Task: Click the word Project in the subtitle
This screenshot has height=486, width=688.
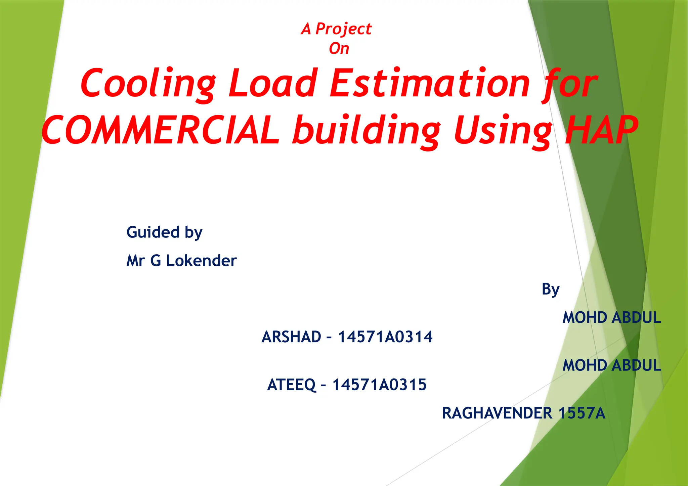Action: [x=343, y=29]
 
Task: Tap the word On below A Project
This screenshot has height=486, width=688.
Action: [x=339, y=49]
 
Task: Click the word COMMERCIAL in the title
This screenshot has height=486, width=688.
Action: [x=161, y=130]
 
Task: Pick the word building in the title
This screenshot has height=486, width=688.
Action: [x=366, y=130]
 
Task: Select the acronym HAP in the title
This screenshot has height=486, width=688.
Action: [x=601, y=130]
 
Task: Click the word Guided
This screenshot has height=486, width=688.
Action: [x=153, y=232]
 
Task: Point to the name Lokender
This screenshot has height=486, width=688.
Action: [x=201, y=261]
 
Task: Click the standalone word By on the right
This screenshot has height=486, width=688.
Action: [x=551, y=289]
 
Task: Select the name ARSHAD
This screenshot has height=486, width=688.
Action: [x=291, y=337]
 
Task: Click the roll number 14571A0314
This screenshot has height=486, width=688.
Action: [x=385, y=337]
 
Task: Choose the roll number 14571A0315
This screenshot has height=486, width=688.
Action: [x=379, y=385]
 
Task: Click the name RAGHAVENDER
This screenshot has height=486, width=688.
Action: [x=497, y=413]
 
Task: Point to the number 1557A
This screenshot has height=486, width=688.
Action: [x=582, y=413]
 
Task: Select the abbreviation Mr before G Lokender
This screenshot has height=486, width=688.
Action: [x=135, y=261]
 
